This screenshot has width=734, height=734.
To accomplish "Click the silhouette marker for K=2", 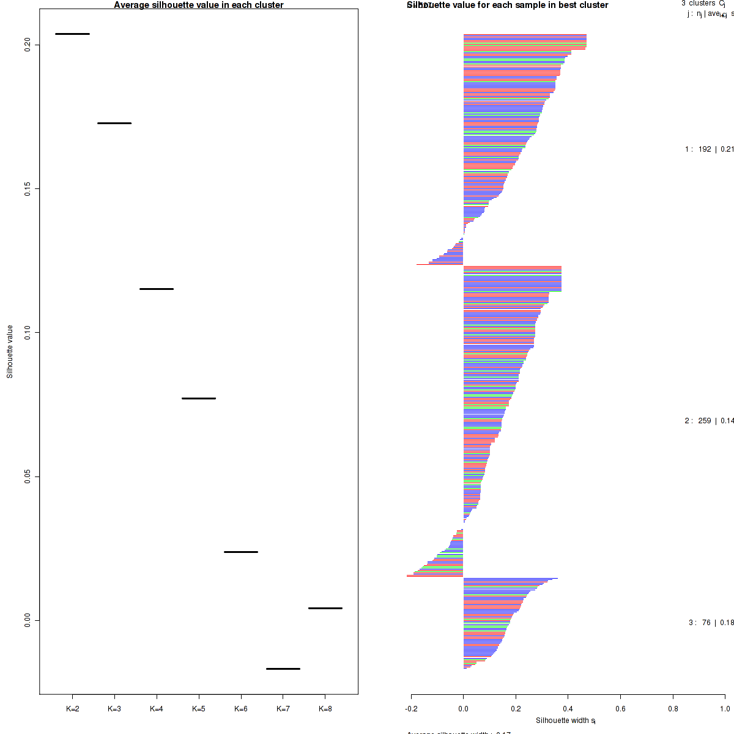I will pyautogui.click(x=72, y=34).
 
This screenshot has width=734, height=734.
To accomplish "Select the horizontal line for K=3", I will pyautogui.click(x=114, y=123).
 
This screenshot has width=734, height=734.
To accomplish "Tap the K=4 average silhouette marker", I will pyautogui.click(x=157, y=289).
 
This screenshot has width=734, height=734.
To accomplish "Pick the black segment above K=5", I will pyautogui.click(x=199, y=398).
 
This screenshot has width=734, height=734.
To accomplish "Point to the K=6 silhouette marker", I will pyautogui.click(x=241, y=552).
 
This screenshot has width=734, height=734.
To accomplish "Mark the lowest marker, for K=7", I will pyautogui.click(x=283, y=669).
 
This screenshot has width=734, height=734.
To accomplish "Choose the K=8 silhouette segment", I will pyautogui.click(x=325, y=608).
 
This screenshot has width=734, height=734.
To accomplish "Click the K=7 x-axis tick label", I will pyautogui.click(x=283, y=710).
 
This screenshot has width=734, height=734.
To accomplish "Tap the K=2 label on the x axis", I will pyautogui.click(x=72, y=710).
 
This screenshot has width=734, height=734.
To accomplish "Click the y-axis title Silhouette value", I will pyautogui.click(x=10, y=352).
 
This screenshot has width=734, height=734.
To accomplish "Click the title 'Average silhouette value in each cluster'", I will pyautogui.click(x=199, y=5).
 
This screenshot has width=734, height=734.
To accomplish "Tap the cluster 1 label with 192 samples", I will pyautogui.click(x=709, y=149).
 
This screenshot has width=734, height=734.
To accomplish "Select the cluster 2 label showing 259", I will pyautogui.click(x=709, y=421).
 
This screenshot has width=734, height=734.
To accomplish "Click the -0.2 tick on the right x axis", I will pyautogui.click(x=411, y=710).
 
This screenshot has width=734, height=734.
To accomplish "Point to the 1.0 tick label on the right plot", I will pyautogui.click(x=725, y=710).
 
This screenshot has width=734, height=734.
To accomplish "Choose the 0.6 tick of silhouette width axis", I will pyautogui.click(x=620, y=710).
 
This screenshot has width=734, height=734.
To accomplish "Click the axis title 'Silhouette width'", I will pyautogui.click(x=565, y=721).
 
